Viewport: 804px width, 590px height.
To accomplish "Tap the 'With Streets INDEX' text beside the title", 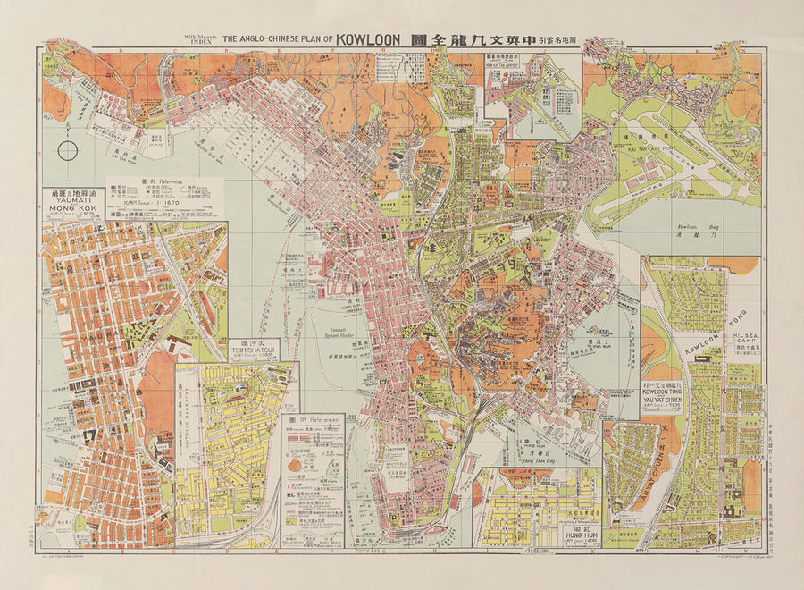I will click(x=200, y=38).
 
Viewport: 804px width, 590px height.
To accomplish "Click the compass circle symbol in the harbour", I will click(x=68, y=150).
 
